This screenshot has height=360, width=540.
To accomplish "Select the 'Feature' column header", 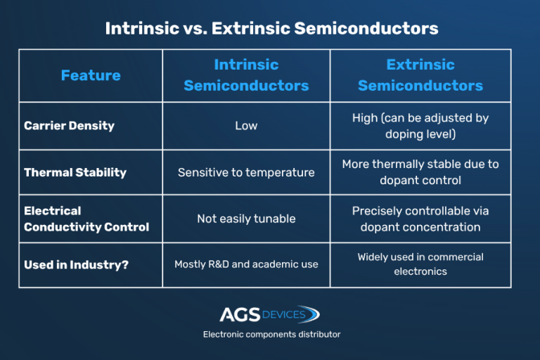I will pos(91,75).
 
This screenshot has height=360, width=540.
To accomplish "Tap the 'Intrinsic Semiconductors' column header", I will pos(246,75).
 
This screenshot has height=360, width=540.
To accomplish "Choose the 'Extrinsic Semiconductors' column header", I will pos(420,75).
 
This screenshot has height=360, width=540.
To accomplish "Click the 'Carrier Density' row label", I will pos(69,126).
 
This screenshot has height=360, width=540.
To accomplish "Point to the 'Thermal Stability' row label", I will pos(74,172).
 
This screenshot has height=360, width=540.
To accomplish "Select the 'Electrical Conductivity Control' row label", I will pos(86,219).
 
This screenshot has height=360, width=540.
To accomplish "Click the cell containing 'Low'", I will pos(246,126).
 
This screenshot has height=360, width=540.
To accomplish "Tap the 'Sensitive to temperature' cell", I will pos(246,172).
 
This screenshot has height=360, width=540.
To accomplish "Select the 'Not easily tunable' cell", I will pos(246,219).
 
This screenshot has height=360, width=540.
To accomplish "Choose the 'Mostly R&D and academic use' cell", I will pos(246,264).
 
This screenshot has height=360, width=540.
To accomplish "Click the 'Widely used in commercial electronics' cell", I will pos(420,264).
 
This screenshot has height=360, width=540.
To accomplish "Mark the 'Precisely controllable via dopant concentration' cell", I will pos(420,219).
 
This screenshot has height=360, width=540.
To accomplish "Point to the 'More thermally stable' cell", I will pos(420,172).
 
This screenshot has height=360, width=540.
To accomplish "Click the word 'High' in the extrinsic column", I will pos(365,118).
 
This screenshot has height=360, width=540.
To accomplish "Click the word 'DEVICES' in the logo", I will pos(284,314).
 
